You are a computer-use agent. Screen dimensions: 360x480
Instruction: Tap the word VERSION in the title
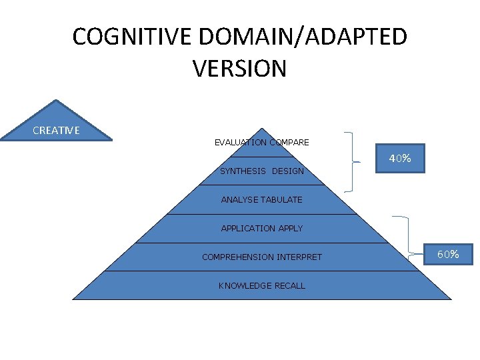(x=239, y=69)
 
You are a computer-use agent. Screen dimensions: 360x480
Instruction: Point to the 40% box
(x=400, y=159)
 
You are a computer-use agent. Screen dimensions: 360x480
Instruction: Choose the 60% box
(x=447, y=254)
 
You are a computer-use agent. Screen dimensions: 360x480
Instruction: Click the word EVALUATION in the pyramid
(x=240, y=142)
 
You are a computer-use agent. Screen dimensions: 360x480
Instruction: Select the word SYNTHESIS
(x=243, y=171)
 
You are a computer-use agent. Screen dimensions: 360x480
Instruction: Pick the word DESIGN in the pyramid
(x=287, y=171)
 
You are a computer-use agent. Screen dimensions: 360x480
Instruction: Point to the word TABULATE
(x=282, y=199)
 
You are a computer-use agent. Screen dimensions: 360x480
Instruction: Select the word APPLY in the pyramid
(x=291, y=228)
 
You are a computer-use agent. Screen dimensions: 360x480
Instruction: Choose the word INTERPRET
(x=298, y=257)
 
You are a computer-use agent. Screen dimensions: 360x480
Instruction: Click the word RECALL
(x=290, y=286)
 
